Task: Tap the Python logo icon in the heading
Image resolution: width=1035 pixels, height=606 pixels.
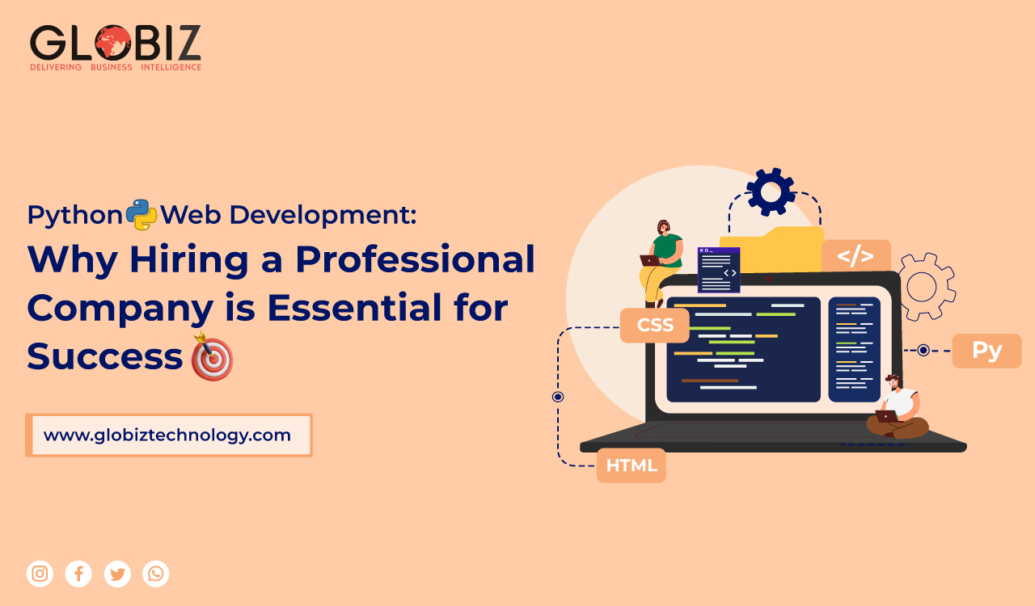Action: click(142, 215)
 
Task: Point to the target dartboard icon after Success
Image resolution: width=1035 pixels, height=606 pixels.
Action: click(212, 357)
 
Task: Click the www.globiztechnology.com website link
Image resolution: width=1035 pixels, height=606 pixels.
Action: click(167, 436)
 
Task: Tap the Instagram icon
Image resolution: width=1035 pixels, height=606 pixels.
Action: click(40, 574)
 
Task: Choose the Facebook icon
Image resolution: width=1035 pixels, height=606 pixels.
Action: click(78, 574)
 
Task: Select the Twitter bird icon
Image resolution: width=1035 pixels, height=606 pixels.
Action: click(117, 574)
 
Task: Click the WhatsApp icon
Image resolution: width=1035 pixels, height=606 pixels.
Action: click(156, 574)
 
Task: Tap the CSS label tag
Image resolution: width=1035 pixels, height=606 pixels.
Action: click(655, 326)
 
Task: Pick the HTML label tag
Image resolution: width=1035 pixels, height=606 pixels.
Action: click(632, 465)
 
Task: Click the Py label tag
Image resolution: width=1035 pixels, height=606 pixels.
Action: click(986, 351)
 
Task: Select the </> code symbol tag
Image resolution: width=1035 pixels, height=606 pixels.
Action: click(855, 256)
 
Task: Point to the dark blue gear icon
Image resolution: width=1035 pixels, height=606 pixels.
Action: click(771, 192)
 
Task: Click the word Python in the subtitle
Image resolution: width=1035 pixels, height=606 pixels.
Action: click(74, 215)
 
